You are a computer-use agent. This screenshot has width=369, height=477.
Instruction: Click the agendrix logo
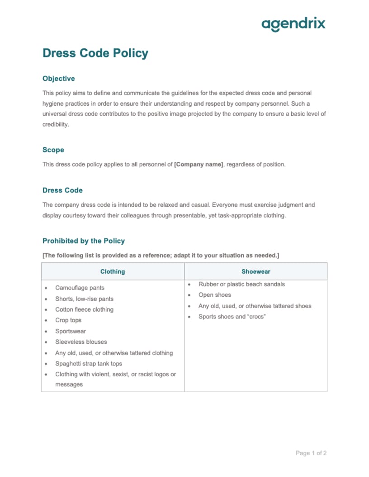(293, 24)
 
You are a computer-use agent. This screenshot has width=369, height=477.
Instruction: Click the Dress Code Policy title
(95, 53)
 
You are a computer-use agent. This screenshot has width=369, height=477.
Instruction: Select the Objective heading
(59, 79)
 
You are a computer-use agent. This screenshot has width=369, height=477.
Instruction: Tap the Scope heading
(53, 150)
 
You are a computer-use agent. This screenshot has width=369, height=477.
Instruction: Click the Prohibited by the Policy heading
(84, 241)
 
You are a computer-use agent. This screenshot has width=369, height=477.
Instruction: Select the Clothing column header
(113, 271)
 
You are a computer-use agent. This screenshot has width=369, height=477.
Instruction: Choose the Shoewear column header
(255, 271)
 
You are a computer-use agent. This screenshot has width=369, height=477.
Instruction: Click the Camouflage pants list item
(80, 288)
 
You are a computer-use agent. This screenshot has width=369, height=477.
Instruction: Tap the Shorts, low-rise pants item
(84, 299)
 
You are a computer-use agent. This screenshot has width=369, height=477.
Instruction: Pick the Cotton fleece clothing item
(84, 309)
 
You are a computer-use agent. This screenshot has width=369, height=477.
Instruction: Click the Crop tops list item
(68, 320)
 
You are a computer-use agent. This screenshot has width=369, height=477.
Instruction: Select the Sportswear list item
(71, 331)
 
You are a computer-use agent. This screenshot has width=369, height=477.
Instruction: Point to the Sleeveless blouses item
(81, 342)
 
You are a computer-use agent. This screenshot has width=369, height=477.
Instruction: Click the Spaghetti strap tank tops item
(89, 364)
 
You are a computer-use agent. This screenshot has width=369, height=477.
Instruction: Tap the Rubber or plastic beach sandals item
(241, 284)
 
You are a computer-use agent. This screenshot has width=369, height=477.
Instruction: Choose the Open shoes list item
(215, 295)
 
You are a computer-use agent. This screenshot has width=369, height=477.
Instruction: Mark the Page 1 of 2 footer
(311, 453)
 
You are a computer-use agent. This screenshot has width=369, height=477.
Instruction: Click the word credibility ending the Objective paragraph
(56, 124)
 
